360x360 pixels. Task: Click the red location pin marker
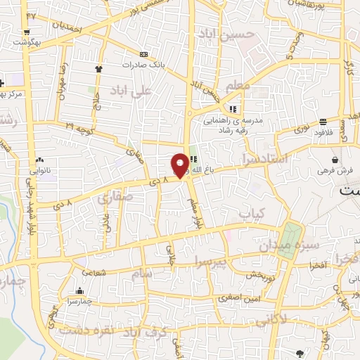[x=181, y=165]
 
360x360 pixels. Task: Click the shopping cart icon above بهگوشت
[x=26, y=32]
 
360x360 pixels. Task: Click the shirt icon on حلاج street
[x=98, y=70]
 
